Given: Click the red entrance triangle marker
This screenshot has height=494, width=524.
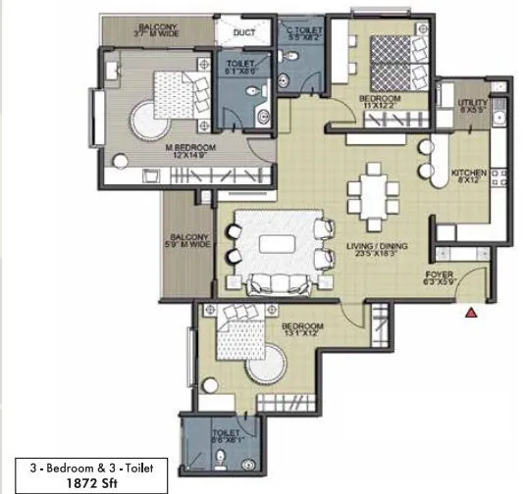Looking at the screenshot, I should [x=472, y=313].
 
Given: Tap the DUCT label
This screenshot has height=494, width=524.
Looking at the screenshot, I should [x=244, y=32].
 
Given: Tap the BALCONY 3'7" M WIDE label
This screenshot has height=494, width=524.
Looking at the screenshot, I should [x=158, y=29].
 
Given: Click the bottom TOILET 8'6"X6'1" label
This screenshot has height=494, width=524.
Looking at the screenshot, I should [x=227, y=434].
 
